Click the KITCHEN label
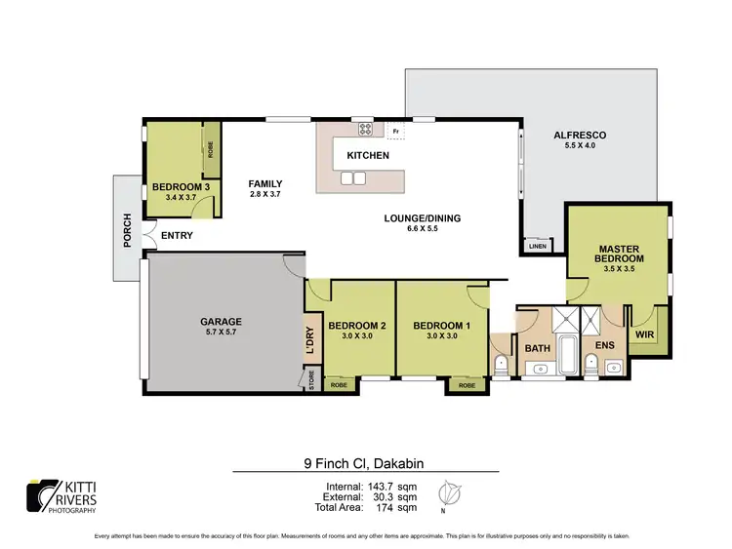coord(368,155)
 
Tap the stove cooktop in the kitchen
coord(365,128)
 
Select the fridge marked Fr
coord(395,130)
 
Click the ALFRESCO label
coord(581,136)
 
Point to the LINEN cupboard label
coord(537,246)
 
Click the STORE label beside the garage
coord(311,380)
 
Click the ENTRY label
coord(177,235)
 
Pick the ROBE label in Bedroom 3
coord(210,149)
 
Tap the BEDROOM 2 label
coord(358,326)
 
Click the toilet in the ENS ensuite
coord(590,365)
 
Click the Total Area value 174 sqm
coord(401,507)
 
